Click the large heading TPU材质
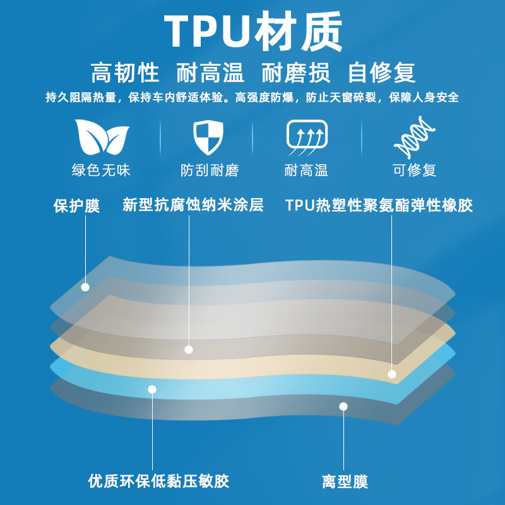coord(252,32)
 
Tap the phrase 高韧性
coord(125,73)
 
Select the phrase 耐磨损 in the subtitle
coord(295,73)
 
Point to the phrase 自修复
coord(382,73)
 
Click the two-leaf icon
coord(102,137)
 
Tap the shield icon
coord(210,137)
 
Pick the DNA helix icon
coord(414,137)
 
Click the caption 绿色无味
coord(102,170)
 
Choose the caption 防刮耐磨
coord(210,170)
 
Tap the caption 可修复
coord(414,170)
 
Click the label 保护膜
coord(76,206)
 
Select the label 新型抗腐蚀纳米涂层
coord(193,205)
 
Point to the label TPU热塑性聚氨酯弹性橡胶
coord(379,205)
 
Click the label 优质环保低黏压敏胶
coord(158,481)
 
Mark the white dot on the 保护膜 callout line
coord(85,287)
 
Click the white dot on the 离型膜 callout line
coord(343,407)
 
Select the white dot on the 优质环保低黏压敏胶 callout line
coord(151,389)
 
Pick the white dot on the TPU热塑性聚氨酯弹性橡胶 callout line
coord(392,374)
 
